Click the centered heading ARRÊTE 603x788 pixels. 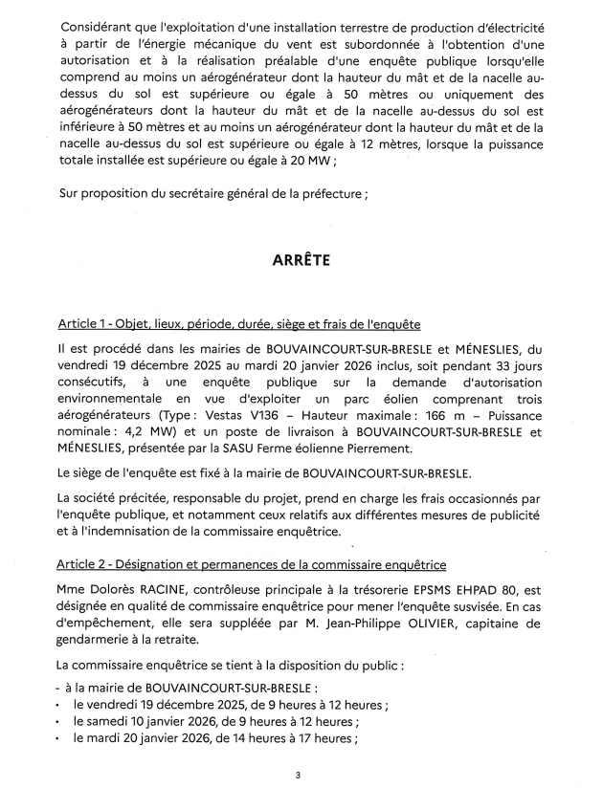click(301, 260)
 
